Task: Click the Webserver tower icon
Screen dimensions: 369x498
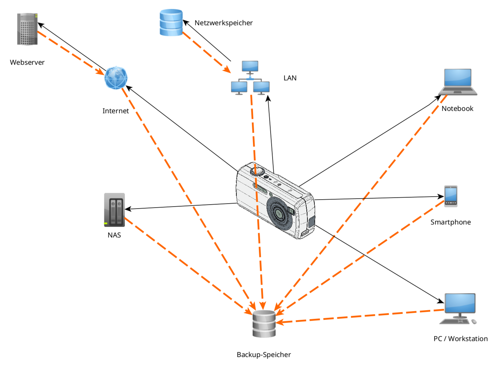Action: click(27, 29)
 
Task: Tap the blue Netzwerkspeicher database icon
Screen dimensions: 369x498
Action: click(171, 22)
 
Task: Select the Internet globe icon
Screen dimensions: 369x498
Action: click(116, 78)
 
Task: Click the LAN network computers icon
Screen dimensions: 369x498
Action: click(250, 78)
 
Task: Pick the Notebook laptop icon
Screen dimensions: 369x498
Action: click(458, 82)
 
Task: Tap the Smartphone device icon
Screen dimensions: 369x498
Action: click(451, 196)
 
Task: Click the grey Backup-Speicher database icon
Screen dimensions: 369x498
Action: click(264, 324)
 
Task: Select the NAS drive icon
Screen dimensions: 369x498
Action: click(114, 210)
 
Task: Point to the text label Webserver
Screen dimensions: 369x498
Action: click(27, 62)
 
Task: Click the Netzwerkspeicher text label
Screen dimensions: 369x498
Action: click(223, 23)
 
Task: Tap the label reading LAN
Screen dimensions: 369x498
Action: click(290, 78)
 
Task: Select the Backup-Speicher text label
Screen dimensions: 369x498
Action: click(264, 355)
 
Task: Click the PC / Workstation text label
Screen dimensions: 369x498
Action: click(460, 339)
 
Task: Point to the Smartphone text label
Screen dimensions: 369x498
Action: click(450, 222)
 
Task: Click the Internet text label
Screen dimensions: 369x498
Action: click(116, 111)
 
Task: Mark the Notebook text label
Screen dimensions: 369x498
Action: click(457, 109)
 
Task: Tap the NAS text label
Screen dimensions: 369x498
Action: click(114, 235)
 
